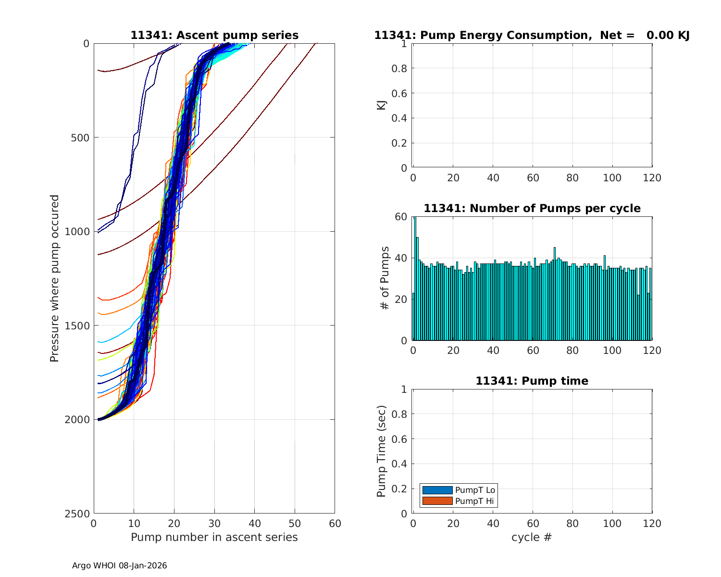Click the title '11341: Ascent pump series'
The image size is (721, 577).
pyautogui.click(x=214, y=36)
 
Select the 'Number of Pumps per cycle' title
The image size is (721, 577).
pyautogui.click(x=532, y=209)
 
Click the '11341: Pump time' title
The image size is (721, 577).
pyautogui.click(x=532, y=381)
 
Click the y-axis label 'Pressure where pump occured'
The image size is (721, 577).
pyautogui.click(x=54, y=278)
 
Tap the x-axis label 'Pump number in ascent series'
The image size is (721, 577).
pyautogui.click(x=214, y=537)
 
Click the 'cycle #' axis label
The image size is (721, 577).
pyautogui.click(x=532, y=537)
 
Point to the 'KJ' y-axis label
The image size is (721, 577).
pyautogui.click(x=381, y=105)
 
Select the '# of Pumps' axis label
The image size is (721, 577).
pyautogui.click(x=384, y=278)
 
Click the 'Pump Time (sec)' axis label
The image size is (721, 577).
pyautogui.click(x=381, y=451)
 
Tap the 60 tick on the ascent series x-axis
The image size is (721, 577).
pyautogui.click(x=335, y=524)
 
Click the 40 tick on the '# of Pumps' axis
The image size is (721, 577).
pyautogui.click(x=401, y=258)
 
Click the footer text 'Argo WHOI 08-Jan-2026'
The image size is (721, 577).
pyautogui.click(x=119, y=566)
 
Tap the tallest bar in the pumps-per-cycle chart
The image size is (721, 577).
pyautogui.click(x=415, y=279)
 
